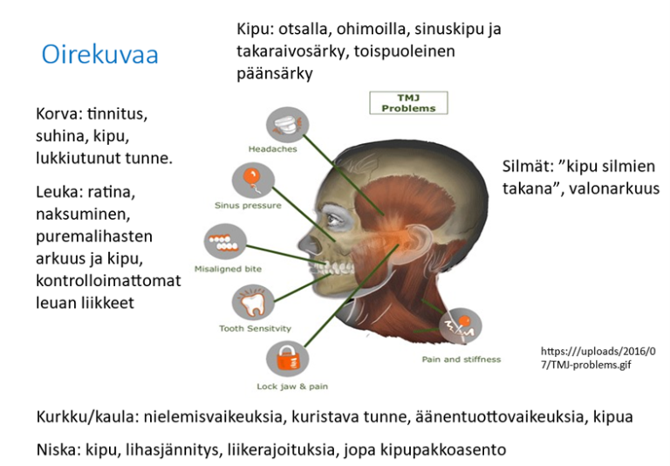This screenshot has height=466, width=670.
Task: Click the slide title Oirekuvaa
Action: (x=99, y=54)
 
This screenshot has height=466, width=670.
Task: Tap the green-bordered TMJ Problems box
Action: (x=408, y=103)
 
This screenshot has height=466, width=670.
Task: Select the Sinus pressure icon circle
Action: (x=249, y=181)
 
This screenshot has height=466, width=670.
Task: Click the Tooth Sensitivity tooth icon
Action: (x=250, y=303)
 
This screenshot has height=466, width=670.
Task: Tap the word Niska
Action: (x=57, y=450)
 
